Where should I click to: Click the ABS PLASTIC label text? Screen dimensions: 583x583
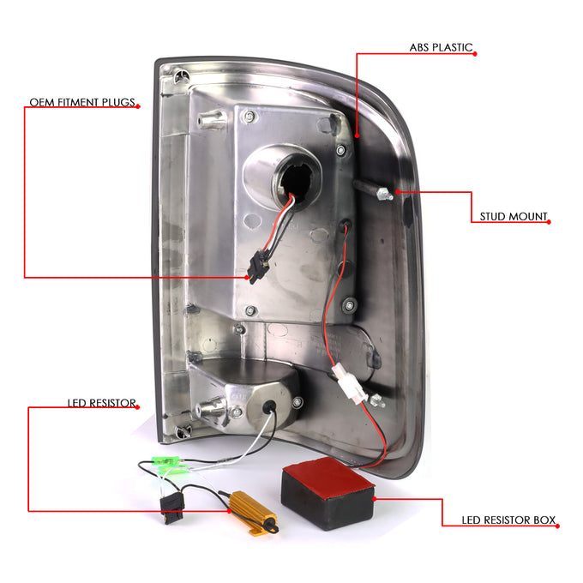tap(441, 48)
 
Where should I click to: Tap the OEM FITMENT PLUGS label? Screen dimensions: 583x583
tap(82, 102)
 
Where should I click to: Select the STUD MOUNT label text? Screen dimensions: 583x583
tap(514, 216)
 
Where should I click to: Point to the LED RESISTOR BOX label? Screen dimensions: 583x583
tap(508, 520)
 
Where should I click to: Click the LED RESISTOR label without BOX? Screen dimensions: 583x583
tap(101, 403)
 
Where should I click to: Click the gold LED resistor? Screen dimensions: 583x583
tap(253, 513)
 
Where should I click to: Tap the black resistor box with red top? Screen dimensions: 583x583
tap(328, 493)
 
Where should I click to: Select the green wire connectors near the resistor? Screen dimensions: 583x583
tap(169, 466)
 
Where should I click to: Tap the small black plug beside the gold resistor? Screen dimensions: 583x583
tap(172, 507)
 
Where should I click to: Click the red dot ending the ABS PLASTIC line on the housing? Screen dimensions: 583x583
tap(357, 136)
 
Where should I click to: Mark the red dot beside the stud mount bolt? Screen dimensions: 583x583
tap(398, 192)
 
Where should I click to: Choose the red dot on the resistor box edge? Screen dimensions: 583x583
tap(375, 499)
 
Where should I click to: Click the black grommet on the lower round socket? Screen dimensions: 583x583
tap(269, 406)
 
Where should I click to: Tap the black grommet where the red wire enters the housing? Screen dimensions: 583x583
tap(345, 224)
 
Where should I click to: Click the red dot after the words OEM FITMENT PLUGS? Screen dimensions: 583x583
tap(138, 106)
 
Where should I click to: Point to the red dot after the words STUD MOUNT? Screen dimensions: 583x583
tap(549, 222)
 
